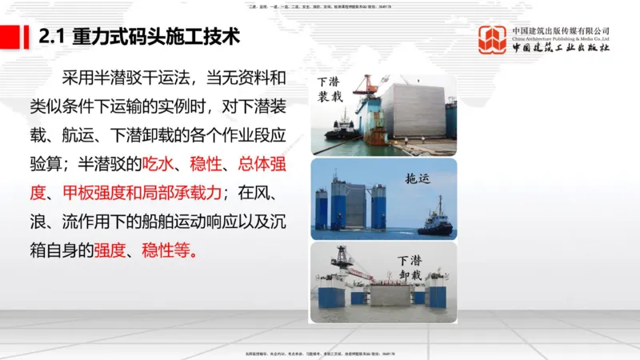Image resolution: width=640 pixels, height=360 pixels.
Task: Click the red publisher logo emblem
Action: [x=492, y=39]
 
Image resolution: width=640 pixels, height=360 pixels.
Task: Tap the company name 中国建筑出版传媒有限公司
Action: [x=561, y=30]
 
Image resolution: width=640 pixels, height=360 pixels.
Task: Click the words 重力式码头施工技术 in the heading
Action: [x=155, y=37]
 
